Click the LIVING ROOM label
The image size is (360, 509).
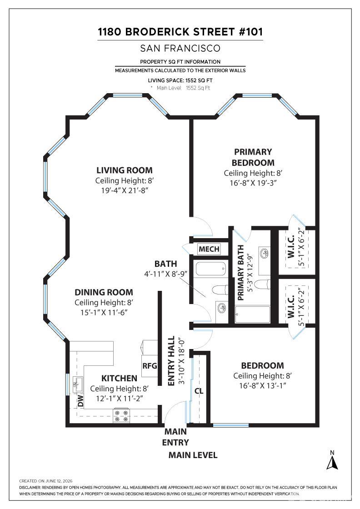point(125,170)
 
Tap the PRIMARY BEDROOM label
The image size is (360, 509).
point(253,157)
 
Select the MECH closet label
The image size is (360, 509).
point(209,249)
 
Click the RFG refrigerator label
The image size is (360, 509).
point(150,366)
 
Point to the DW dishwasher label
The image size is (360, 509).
point(80,401)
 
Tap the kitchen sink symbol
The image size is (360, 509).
point(77,384)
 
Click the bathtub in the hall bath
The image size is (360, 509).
point(210,269)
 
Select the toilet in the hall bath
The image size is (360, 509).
point(220,289)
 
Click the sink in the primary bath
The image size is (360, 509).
point(264,252)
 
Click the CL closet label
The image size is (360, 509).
point(199,391)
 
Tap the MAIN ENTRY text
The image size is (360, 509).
point(175,437)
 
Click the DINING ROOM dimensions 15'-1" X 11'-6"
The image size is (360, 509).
point(104,313)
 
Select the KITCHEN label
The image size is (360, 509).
point(119,378)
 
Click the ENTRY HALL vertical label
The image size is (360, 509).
point(171,361)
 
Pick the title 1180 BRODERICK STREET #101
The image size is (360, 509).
point(180,32)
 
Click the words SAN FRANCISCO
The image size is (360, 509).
point(180,48)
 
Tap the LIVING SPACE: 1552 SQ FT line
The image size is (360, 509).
point(180,80)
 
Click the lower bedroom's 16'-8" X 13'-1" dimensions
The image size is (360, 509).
point(263,386)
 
